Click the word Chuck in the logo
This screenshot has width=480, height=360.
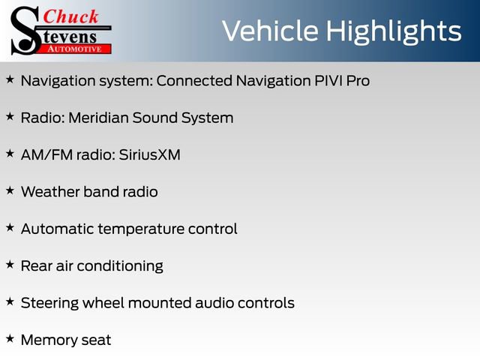click(71, 16)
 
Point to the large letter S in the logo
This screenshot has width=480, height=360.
click(25, 31)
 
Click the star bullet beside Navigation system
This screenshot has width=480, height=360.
click(10, 79)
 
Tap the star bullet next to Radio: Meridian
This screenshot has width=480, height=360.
click(10, 116)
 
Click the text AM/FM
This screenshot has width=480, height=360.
click(43, 154)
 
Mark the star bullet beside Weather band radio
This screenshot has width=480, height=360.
click(10, 190)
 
